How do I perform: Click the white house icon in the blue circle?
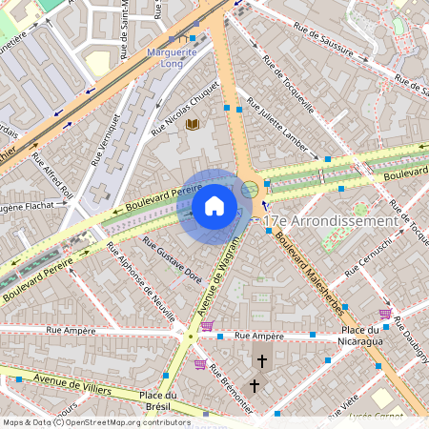tap(214, 205)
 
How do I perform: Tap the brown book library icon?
tap(193, 125)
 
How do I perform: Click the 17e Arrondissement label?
tap(330, 220)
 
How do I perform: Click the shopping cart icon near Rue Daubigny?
tap(385, 313)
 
